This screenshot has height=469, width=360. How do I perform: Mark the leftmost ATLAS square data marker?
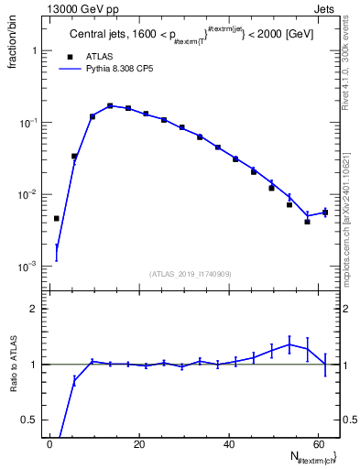[x=57, y=219]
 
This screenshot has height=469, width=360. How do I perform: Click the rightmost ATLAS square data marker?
[x=325, y=213]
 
